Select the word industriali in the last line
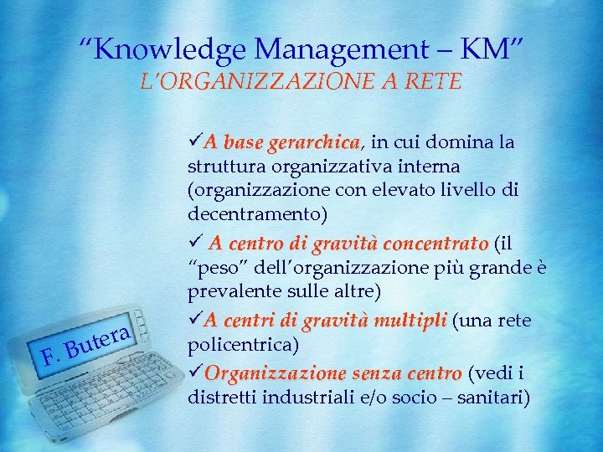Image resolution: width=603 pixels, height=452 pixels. click(x=305, y=396)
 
